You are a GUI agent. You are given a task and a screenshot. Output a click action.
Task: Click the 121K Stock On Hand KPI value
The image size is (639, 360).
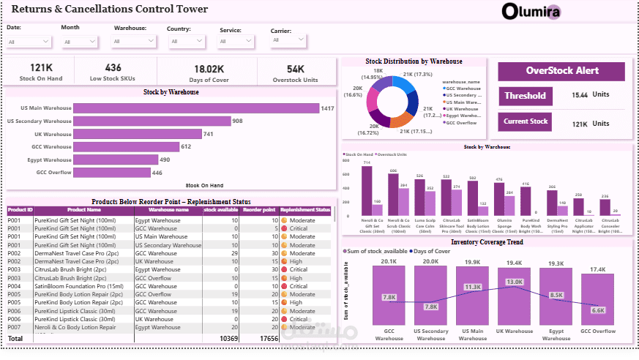[x=41, y=68]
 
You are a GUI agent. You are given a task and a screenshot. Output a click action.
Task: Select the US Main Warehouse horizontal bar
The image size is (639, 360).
[x=196, y=108]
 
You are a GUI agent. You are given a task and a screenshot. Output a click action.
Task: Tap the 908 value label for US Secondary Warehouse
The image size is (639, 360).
[x=237, y=121]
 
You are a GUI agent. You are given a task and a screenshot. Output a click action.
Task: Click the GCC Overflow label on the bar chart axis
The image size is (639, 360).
[x=54, y=173]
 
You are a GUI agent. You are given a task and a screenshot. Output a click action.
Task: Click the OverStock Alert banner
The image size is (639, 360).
[x=561, y=71]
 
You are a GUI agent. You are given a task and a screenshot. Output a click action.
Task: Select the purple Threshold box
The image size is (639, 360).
[x=524, y=96]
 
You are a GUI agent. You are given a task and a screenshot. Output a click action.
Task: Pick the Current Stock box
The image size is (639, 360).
[x=525, y=122]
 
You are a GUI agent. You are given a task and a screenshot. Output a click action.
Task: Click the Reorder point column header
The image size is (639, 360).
[x=259, y=209]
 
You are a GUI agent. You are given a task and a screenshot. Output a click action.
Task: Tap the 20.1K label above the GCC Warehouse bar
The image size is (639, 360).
[x=389, y=261]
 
